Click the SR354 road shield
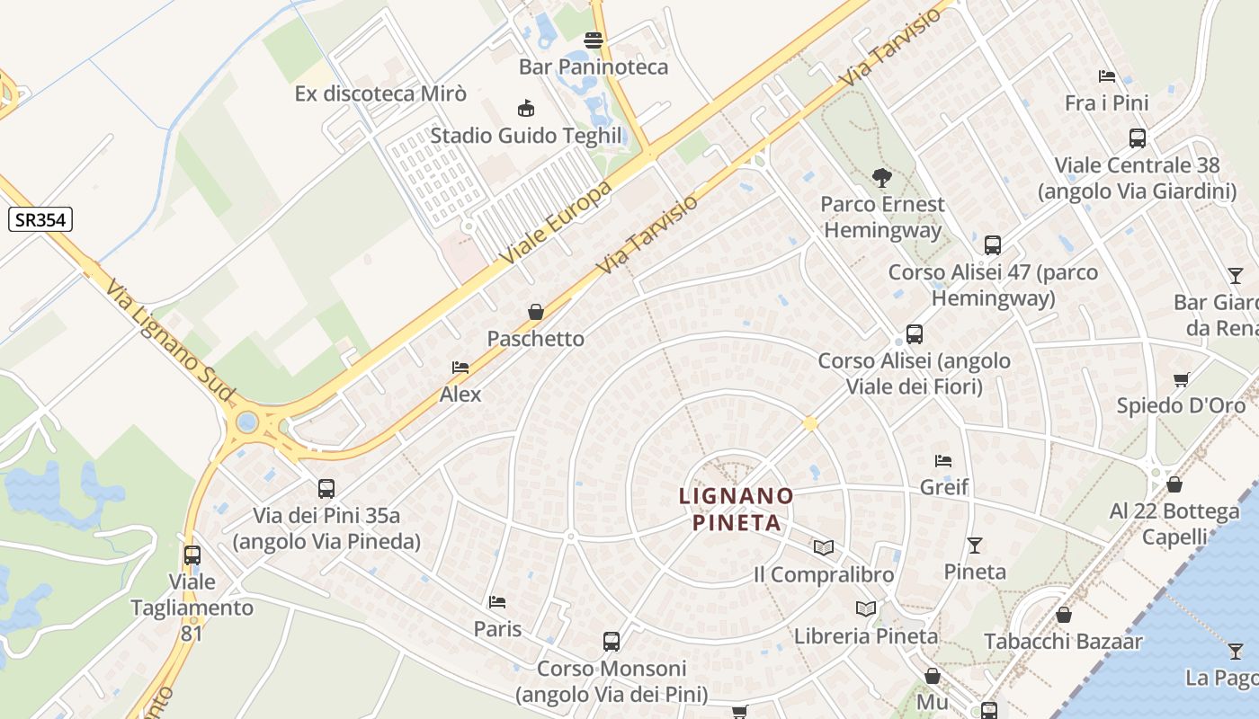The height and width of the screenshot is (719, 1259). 40,218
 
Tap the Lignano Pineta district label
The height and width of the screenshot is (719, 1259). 737,509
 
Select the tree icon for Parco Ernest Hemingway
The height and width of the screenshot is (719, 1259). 881,178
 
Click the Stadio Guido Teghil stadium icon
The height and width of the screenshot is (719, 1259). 526,109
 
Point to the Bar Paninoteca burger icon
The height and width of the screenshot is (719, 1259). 593,40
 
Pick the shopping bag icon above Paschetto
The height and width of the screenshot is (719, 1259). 536,312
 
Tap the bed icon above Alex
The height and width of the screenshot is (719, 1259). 460,368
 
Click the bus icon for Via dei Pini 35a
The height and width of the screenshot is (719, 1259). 326,489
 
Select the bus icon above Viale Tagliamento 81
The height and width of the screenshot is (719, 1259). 192,555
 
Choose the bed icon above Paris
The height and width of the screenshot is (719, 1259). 497,601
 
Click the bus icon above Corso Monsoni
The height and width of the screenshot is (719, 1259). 612,642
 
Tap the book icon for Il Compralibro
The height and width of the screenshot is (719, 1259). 824,547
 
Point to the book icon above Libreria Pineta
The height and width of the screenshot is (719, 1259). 866,608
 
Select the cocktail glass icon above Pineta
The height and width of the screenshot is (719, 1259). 975,545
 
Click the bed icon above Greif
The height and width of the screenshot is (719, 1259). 943,460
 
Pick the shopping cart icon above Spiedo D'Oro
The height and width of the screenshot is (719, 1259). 1181,379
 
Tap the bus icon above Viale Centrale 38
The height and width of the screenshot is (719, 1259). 1138,138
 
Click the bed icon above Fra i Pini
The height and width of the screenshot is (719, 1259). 1107,76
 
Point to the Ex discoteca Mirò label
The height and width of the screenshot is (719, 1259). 380,93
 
